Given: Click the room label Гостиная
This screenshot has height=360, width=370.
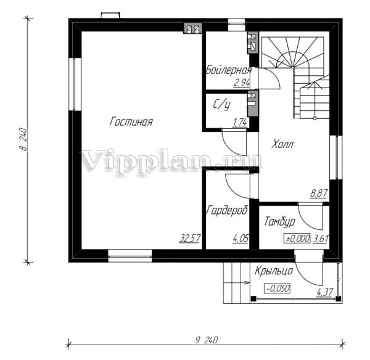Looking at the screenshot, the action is click(x=131, y=121).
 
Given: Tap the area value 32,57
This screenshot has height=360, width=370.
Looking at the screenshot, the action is click(x=190, y=238).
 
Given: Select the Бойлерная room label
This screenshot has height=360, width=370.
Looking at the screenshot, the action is click(x=229, y=70).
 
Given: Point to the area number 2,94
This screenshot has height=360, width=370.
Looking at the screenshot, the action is click(x=241, y=83).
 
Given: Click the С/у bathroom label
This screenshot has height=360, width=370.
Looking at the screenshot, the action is click(x=221, y=105).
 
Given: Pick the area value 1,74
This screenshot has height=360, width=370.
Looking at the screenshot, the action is click(x=240, y=123).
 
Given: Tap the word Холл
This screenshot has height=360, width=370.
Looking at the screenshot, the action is click(x=282, y=144).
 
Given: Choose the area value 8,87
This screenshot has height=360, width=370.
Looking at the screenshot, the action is click(x=319, y=194).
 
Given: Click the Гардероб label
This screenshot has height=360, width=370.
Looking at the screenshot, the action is click(x=228, y=210).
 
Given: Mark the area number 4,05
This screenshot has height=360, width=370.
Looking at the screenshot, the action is click(x=240, y=239).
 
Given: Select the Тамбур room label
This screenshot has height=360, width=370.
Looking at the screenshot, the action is click(x=279, y=222).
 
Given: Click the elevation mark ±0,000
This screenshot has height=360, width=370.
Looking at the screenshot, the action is click(x=297, y=239).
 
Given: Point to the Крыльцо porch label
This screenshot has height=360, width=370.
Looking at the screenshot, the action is click(x=274, y=271).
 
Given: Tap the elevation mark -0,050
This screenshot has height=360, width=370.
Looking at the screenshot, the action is click(x=277, y=288).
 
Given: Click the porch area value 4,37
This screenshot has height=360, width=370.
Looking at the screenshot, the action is click(x=325, y=293).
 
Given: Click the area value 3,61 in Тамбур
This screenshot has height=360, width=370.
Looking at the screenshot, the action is click(x=321, y=239).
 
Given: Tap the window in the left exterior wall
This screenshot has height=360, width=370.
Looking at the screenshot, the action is click(x=75, y=84).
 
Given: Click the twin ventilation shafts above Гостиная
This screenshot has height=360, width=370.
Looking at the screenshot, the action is click(x=193, y=28).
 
